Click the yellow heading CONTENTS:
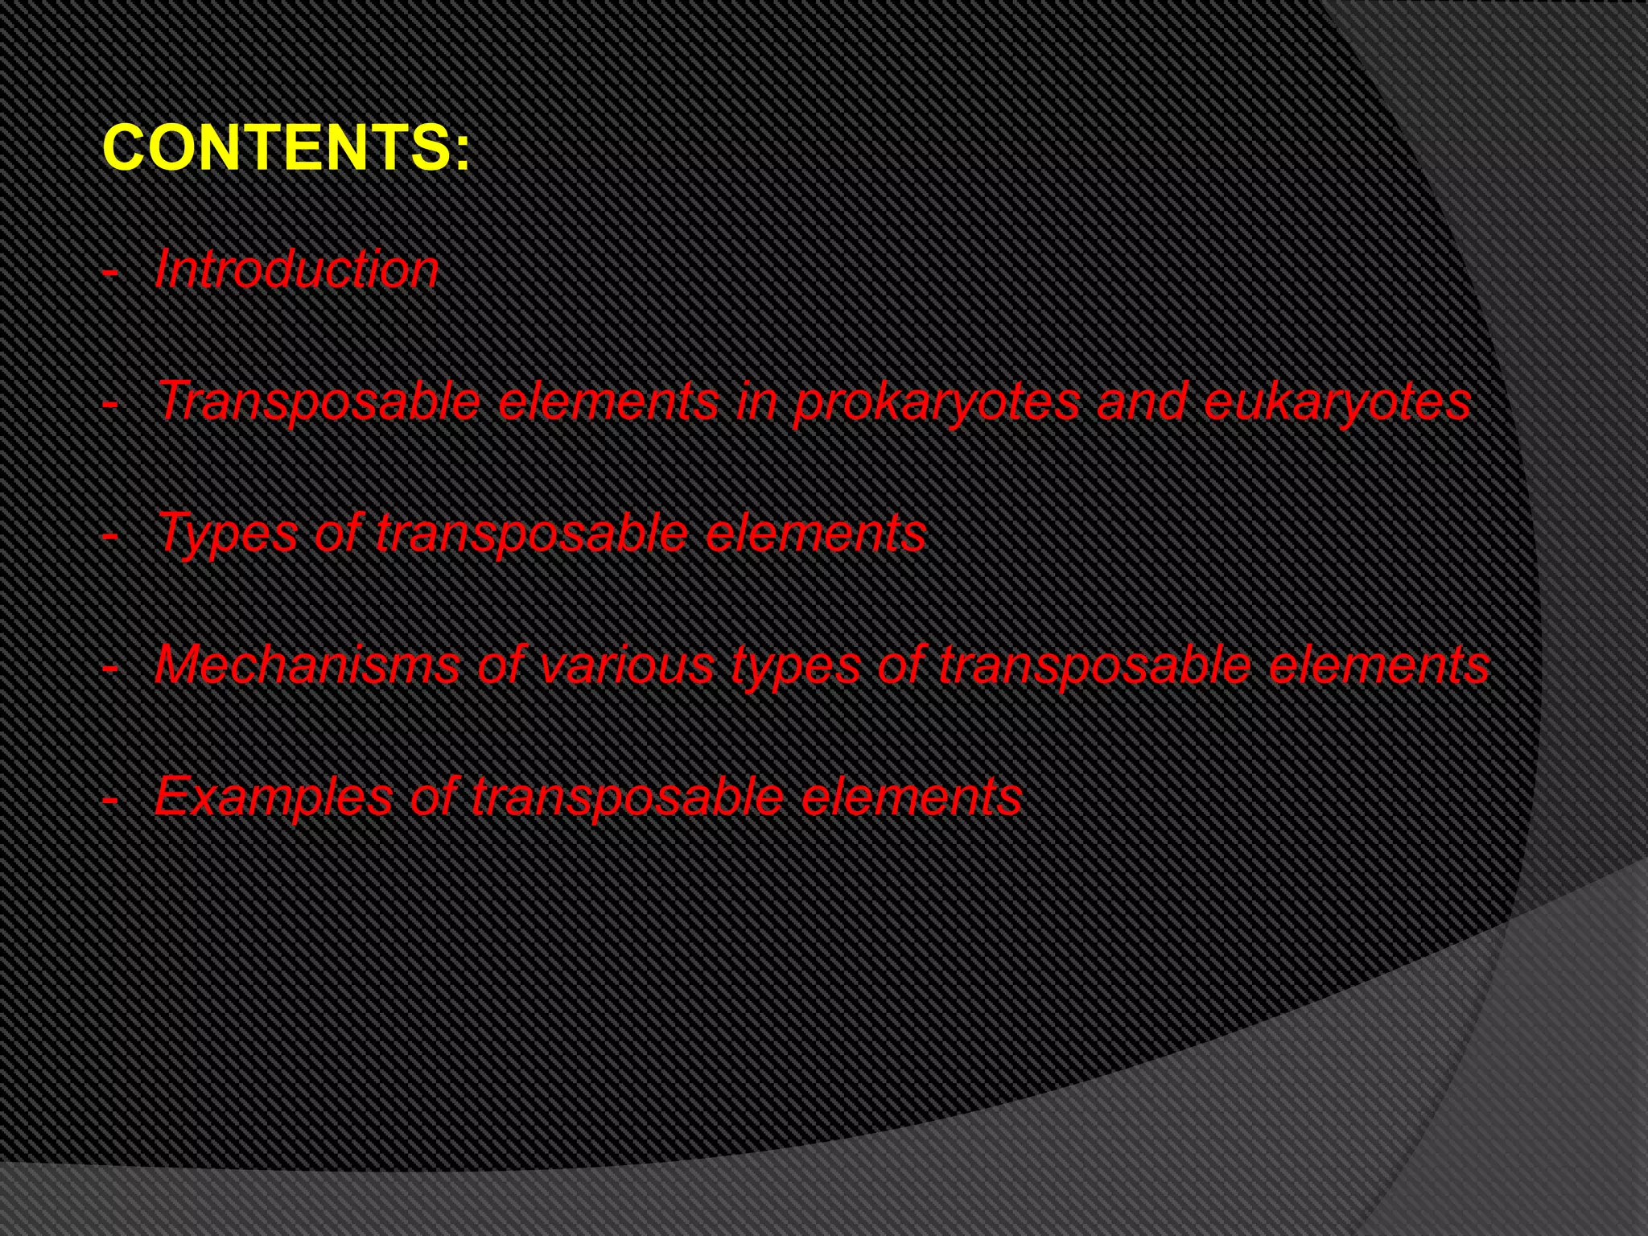pos(286,148)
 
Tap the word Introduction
pos(296,269)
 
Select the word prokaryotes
pos(936,402)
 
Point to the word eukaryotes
pos(1337,402)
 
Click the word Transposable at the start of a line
pos(319,402)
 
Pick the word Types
pos(227,534)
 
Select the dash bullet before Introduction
pos(110,272)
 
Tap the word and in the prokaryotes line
pos(1141,402)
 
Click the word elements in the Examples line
pos(911,797)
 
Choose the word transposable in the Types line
pos(531,534)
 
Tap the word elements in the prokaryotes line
pos(608,402)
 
